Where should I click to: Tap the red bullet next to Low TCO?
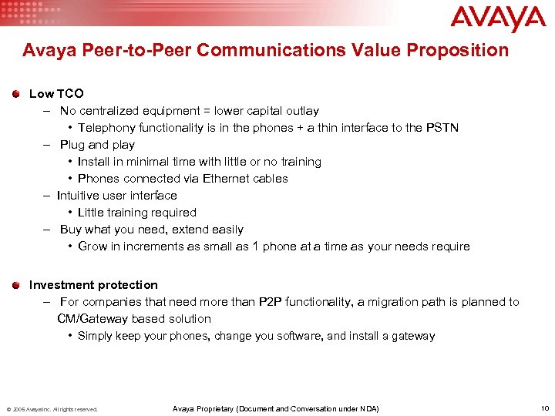(x=16, y=94)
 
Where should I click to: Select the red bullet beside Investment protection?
(x=16, y=285)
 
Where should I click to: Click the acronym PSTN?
(x=442, y=128)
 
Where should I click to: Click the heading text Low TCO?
(x=56, y=94)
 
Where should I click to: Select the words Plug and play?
(x=97, y=145)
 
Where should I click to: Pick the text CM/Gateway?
(x=92, y=319)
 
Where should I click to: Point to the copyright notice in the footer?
(x=52, y=409)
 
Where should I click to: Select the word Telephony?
(x=106, y=128)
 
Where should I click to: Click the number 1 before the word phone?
(x=256, y=247)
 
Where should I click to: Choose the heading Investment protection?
(x=93, y=285)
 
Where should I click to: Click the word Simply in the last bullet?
(x=95, y=336)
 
